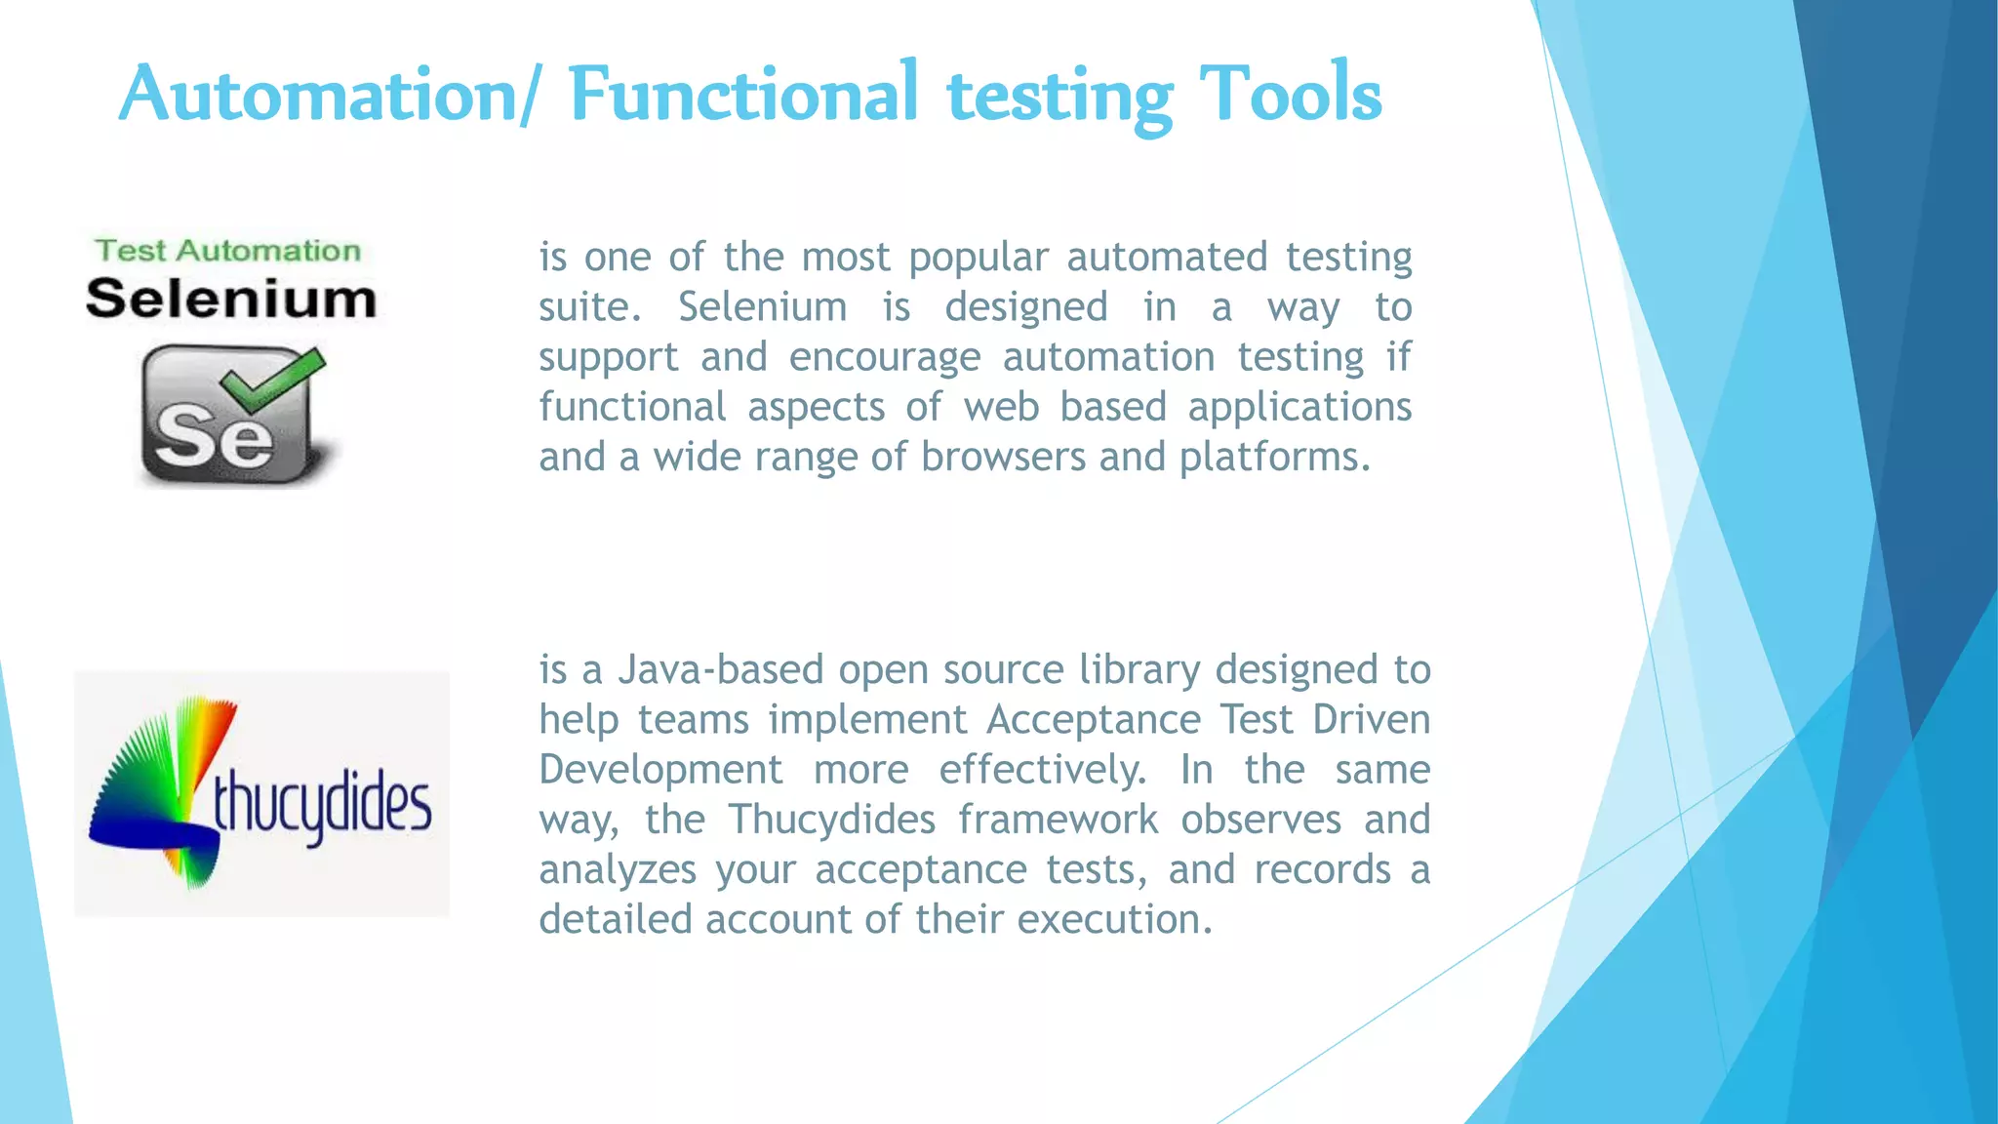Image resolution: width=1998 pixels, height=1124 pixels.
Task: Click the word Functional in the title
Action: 743,94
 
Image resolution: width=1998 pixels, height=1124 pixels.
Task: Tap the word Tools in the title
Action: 1290,94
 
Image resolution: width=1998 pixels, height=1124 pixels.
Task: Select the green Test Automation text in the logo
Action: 228,251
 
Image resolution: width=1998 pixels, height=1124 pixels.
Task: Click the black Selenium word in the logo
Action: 231,299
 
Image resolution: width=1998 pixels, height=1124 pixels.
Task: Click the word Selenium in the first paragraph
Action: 762,307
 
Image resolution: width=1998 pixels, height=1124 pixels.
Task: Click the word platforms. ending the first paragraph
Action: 1275,457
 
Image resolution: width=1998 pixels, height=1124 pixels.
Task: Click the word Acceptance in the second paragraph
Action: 1093,720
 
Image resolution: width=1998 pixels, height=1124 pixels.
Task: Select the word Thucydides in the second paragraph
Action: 832,820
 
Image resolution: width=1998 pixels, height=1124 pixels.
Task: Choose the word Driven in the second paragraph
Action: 1371,720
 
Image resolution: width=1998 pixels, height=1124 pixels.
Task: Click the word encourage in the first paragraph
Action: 884,357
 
